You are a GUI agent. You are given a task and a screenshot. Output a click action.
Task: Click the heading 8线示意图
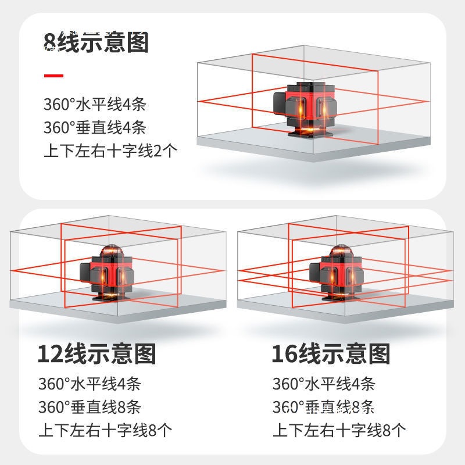pos(96,42)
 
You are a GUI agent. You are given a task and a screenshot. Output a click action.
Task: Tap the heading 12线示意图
pos(96,354)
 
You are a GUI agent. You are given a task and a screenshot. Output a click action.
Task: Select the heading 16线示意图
pos(331,354)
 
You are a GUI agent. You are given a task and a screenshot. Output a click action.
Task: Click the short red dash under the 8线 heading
pos(53,76)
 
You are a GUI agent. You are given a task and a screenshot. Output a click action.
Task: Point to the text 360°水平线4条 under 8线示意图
pos(95,104)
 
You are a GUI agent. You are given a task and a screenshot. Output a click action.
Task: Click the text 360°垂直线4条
pos(95,127)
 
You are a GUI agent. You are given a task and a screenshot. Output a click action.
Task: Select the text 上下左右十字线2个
pos(110,151)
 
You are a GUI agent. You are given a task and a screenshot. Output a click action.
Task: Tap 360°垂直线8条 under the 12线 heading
pos(90,406)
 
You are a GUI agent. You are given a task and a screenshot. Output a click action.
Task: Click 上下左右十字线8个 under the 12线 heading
pos(105,430)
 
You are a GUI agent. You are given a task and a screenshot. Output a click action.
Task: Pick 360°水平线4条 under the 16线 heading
pos(324,384)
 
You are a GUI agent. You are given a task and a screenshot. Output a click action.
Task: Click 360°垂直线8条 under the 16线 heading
pos(324,406)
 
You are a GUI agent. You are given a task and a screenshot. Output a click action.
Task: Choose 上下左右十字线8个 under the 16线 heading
pos(339,430)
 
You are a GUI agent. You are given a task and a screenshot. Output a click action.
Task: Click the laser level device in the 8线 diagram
pos(305,109)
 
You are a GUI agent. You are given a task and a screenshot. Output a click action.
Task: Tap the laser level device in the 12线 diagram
pos(107,273)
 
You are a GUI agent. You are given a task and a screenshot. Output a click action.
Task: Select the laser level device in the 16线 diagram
pos(337,273)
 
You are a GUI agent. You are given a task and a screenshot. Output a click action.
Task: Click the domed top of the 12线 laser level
pos(112,251)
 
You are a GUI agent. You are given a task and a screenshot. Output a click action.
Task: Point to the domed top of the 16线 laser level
pos(341,251)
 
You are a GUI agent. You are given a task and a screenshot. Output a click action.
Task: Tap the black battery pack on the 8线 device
pos(280,103)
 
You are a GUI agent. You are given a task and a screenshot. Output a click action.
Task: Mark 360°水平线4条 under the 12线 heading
pos(90,384)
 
